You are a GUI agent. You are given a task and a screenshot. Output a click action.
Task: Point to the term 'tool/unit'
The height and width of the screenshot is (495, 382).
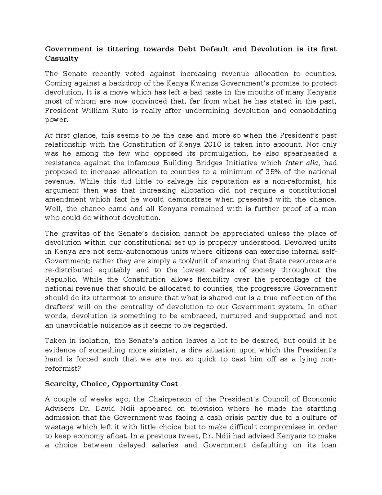pos(193,261)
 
